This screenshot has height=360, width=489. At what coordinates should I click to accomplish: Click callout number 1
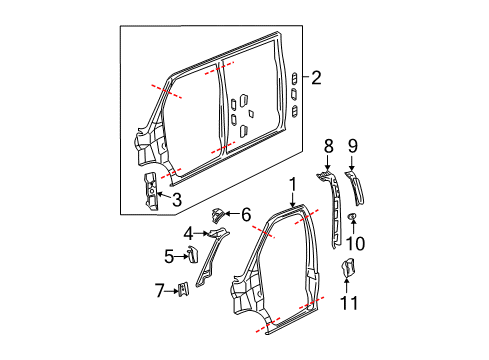(x=293, y=184)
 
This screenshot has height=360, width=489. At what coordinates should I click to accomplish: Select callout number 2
(x=316, y=76)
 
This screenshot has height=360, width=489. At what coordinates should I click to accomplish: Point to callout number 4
(x=186, y=235)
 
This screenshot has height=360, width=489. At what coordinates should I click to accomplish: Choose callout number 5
(x=169, y=256)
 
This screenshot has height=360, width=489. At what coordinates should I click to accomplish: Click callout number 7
(x=160, y=291)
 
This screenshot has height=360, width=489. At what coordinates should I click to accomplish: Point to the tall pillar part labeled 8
(x=331, y=210)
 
